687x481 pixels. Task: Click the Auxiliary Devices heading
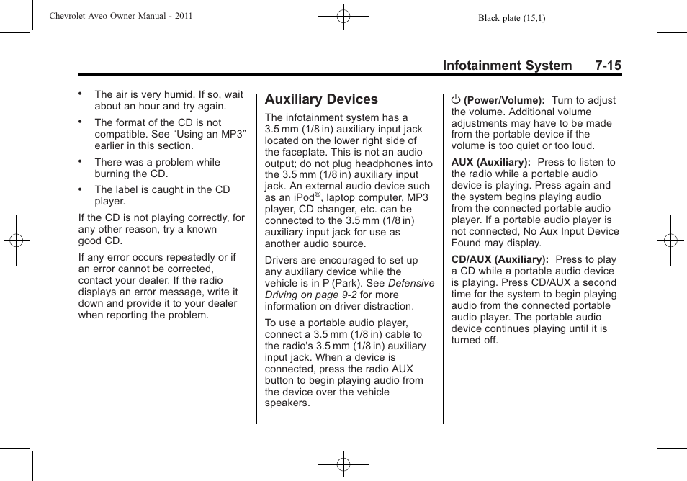pos(321,99)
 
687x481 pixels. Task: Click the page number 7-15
pos(608,66)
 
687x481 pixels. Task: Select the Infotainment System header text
pos(507,66)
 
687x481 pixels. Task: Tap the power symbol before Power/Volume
pos(456,99)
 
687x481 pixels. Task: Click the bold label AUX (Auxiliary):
pos(491,162)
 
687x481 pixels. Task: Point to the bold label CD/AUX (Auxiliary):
pos(500,259)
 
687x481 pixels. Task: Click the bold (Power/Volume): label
pos(503,100)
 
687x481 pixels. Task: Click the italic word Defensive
pos(411,283)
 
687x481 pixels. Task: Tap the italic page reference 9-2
pos(349,295)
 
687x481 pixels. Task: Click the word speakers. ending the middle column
pos(287,403)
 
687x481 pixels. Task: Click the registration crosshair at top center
pos(343,15)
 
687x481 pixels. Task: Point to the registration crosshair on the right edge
pos(670,240)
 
